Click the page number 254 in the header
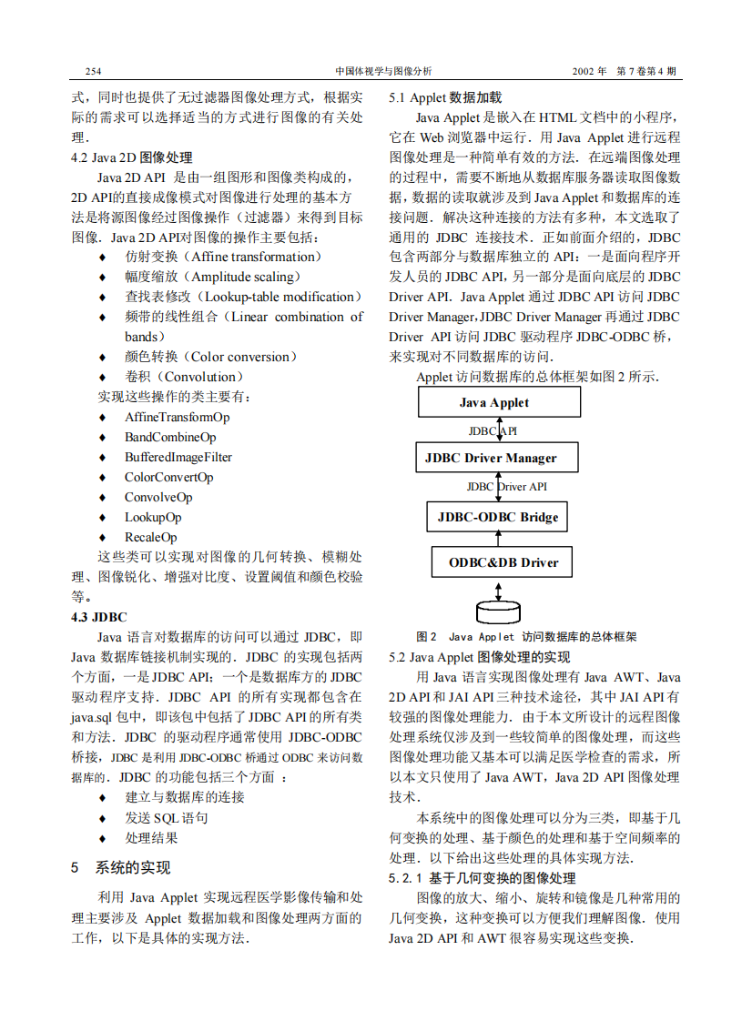coord(92,71)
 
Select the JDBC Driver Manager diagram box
coord(498,457)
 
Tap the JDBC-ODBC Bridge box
coord(498,517)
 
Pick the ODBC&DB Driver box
coord(498,561)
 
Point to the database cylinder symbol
coord(499,610)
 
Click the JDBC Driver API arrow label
coord(507,487)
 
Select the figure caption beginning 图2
coord(525,637)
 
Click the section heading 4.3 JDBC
coord(99,617)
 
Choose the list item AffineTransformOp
coord(177,417)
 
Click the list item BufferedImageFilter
coord(178,457)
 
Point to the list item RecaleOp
coord(150,537)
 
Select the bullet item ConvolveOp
coord(158,497)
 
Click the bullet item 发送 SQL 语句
coord(167,817)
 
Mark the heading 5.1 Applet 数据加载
coord(445,97)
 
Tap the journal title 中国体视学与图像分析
coord(383,71)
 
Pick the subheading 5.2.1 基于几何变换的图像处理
coord(483,878)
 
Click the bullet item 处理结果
coord(151,837)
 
